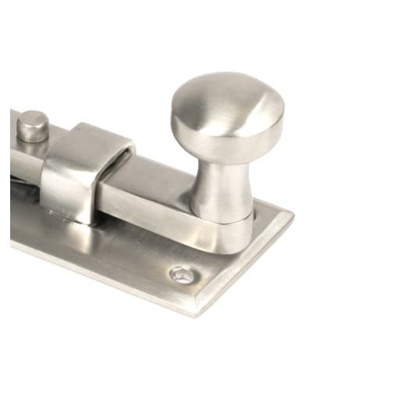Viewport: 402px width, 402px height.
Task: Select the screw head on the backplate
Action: pyautogui.click(x=181, y=273)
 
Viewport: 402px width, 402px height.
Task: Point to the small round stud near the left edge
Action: pyautogui.click(x=34, y=124)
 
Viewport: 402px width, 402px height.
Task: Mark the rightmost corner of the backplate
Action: pyautogui.click(x=293, y=214)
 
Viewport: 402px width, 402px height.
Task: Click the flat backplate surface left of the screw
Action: pyautogui.click(x=117, y=250)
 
